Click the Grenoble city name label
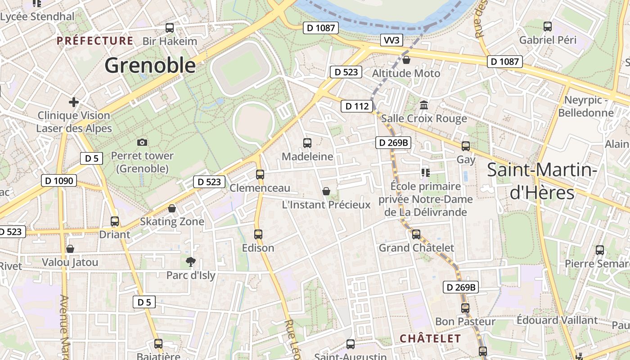click(150, 66)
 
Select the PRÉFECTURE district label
click(95, 41)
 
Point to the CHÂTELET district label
click(430, 338)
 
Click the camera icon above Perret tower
click(142, 143)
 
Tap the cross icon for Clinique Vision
click(74, 102)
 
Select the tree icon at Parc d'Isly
click(191, 262)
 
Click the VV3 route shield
click(391, 40)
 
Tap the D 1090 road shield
click(58, 181)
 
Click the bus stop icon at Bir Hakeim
click(170, 28)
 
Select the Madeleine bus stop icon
click(307, 143)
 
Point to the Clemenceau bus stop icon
click(260, 175)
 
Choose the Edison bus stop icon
click(258, 234)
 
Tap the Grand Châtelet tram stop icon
click(416, 234)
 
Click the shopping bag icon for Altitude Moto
click(406, 60)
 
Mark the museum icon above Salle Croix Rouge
click(424, 105)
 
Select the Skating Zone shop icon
click(172, 208)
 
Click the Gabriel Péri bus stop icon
click(548, 27)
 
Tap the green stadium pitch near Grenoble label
click(241, 69)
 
